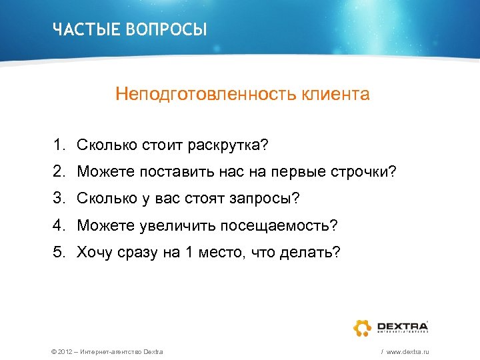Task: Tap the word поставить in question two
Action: point(169,172)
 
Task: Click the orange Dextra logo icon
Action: point(364,327)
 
